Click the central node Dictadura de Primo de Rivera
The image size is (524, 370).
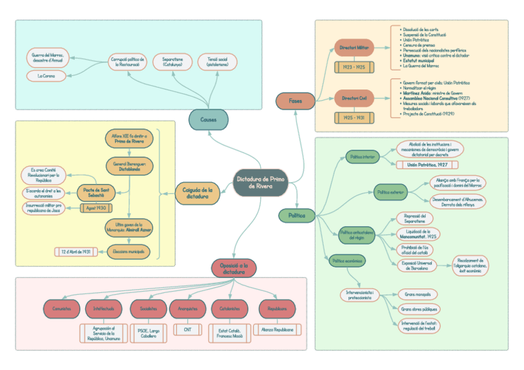pos(260,182)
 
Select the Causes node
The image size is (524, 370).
pos(208,119)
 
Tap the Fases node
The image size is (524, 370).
pos(295,100)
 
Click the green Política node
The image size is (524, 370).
pos(296,216)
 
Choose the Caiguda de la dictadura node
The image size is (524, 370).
pos(197,193)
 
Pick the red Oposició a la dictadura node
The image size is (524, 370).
pos(234,268)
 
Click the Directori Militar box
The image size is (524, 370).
pos(355,47)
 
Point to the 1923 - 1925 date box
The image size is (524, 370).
pos(355,67)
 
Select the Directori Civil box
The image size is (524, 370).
pos(355,98)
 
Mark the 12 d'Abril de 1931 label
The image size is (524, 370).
pos(77,251)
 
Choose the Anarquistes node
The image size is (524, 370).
pos(187,308)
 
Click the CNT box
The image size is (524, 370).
pos(187,330)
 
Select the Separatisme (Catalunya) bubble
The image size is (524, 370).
pos(172,62)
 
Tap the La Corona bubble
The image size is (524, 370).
pos(46,76)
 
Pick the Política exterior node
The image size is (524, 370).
pos(391,192)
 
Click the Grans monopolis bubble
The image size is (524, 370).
pos(417,295)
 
